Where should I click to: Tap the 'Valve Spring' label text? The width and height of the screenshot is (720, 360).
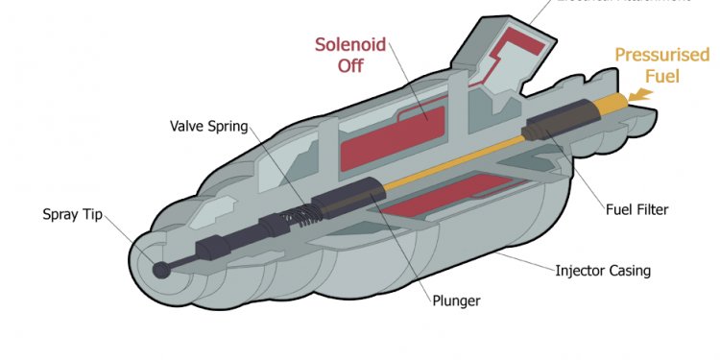pos(208,126)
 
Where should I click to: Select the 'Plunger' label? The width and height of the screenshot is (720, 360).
pos(455,300)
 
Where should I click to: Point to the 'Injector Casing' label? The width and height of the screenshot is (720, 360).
pos(603,270)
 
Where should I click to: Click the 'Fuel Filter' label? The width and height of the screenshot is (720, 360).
pos(636,209)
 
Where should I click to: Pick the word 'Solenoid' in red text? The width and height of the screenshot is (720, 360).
pos(350,44)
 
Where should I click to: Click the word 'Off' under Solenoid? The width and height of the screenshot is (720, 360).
pos(350,66)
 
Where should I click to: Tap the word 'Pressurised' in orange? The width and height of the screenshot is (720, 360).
pos(661,54)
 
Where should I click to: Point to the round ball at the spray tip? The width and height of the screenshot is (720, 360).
pos(161,270)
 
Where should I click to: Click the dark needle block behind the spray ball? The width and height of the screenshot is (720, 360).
pos(212,252)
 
